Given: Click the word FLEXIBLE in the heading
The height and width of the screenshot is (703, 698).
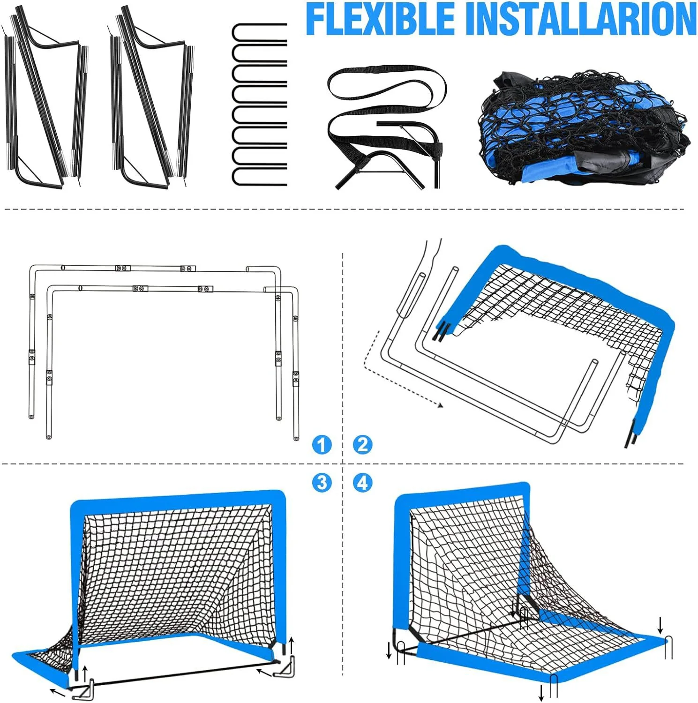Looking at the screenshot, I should (x=380, y=19).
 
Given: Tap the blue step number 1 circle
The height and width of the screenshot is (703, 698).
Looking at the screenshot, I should (x=322, y=444).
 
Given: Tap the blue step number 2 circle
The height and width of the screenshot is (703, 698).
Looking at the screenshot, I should (x=362, y=444).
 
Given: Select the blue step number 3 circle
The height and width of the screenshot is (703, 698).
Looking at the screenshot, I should (x=322, y=482).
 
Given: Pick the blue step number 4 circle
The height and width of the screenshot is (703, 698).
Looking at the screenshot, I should (x=362, y=482).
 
